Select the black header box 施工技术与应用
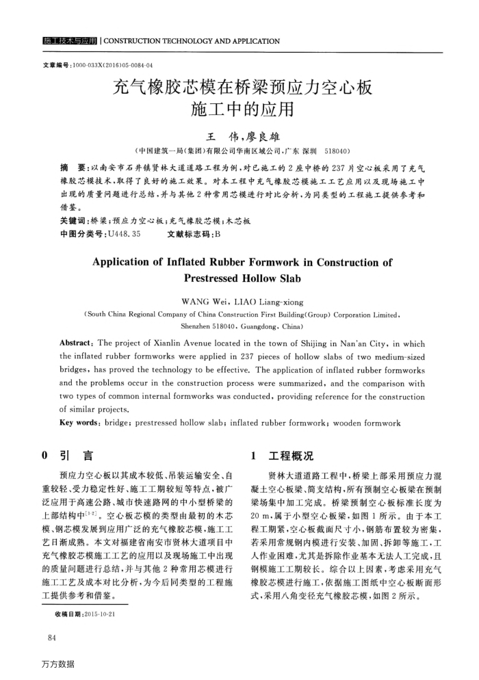69,41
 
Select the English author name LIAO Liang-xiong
269,301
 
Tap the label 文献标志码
188,233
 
